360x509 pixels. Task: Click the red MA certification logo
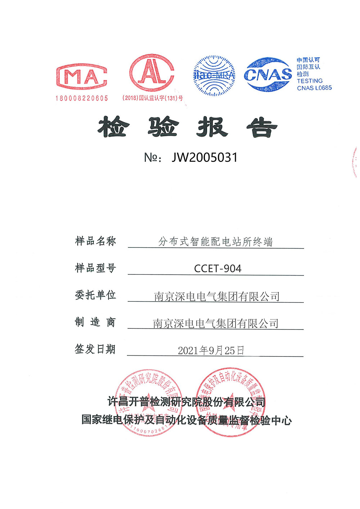82,77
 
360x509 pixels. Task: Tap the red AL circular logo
152,73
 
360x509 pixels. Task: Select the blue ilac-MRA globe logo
214,76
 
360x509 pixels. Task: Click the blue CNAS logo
268,74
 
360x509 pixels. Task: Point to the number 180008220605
82,98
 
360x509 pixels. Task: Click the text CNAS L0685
314,88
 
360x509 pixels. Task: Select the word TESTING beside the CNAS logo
310,81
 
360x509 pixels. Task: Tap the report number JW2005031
204,158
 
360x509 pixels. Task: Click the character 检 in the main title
113,127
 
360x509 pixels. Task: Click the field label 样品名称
95,241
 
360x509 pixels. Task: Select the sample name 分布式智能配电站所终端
216,242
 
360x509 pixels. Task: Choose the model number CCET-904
217,269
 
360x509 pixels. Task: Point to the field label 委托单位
95,295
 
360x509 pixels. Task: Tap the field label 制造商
95,322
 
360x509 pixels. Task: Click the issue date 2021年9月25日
211,350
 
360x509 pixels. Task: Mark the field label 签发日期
95,349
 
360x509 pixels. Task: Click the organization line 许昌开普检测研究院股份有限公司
186,402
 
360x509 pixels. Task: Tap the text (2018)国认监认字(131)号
153,98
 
